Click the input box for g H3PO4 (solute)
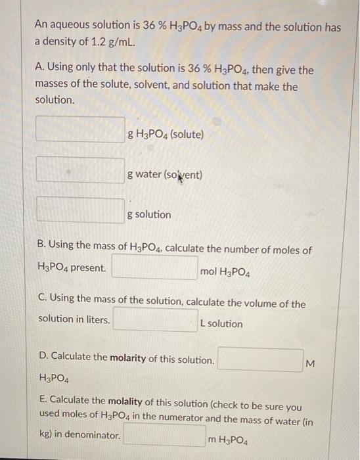tap(80, 129)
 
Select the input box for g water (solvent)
tap(80, 170)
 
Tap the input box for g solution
tap(80, 210)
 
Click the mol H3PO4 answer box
tap(154, 267)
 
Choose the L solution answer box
tap(155, 320)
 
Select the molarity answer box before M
tap(260, 359)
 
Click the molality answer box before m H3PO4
tap(164, 435)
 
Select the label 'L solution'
tap(221, 324)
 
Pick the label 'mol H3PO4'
tap(225, 271)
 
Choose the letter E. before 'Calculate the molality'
tap(42, 400)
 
